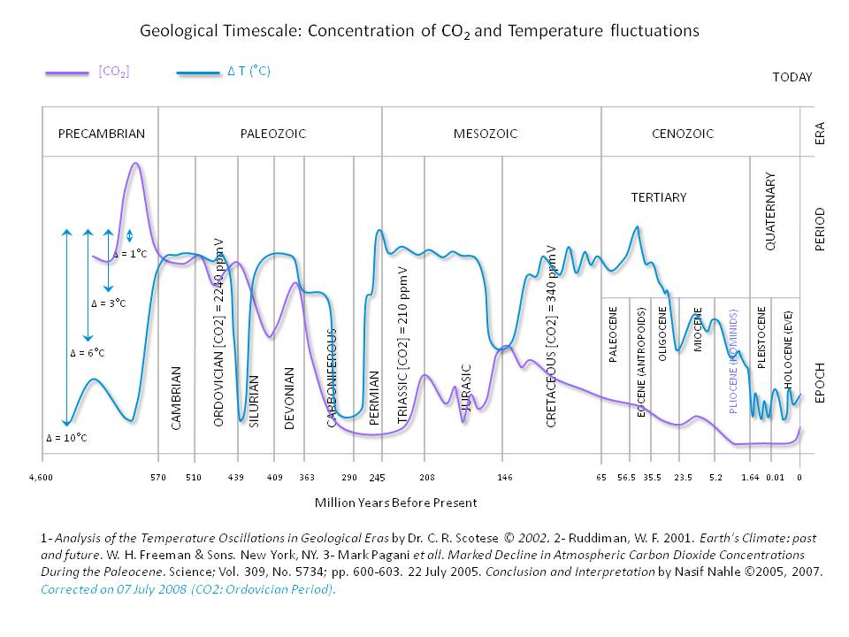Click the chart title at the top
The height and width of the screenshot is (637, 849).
click(420, 31)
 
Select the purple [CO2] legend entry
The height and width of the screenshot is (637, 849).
click(114, 73)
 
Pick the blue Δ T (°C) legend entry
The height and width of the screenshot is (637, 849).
click(249, 73)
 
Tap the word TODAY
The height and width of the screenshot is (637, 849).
click(792, 77)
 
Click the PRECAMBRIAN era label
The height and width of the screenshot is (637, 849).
click(101, 134)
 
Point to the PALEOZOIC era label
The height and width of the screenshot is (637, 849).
click(273, 134)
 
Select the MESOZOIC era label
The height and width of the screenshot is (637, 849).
click(486, 134)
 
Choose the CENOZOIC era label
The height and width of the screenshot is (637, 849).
click(682, 134)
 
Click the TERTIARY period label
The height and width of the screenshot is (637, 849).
click(658, 197)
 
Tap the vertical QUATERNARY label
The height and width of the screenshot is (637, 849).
click(769, 211)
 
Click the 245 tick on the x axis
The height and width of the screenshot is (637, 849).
click(378, 479)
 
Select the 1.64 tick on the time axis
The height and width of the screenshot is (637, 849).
click(750, 478)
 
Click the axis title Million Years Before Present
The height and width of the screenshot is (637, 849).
click(395, 503)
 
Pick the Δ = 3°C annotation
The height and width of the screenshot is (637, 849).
click(109, 303)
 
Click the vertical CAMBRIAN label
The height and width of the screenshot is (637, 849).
click(176, 397)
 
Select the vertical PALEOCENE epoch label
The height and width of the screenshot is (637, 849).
click(613, 334)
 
